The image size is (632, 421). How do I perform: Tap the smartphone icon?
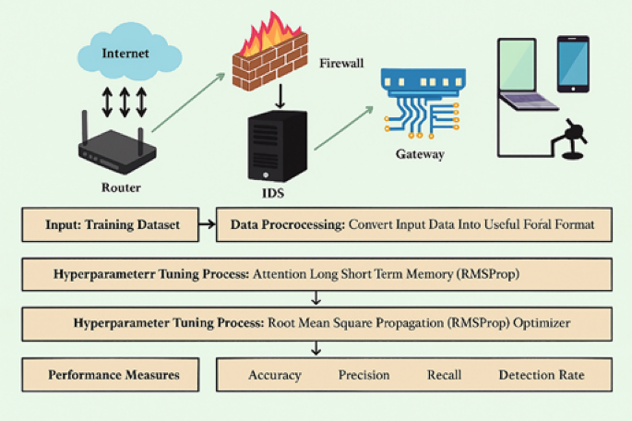pyautogui.click(x=571, y=64)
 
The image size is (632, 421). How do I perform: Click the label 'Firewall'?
pyautogui.click(x=342, y=64)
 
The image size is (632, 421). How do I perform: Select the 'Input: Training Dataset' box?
pyautogui.click(x=112, y=224)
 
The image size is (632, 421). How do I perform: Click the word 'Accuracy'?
pyautogui.click(x=276, y=375)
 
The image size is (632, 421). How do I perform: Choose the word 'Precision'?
pyautogui.click(x=364, y=375)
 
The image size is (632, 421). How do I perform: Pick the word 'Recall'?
pyautogui.click(x=444, y=375)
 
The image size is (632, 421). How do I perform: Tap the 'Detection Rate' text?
pyautogui.click(x=542, y=375)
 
